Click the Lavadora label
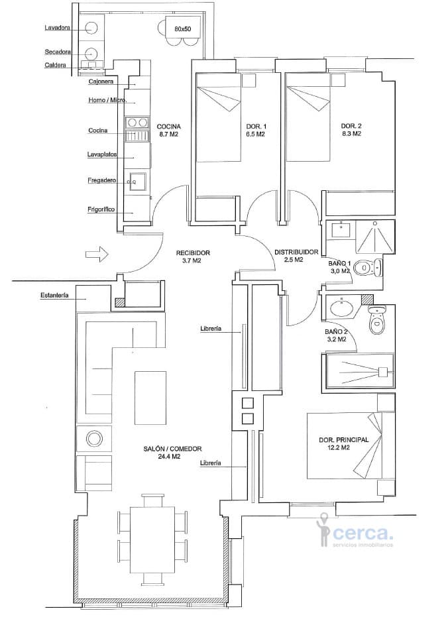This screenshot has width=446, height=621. click(x=58, y=28)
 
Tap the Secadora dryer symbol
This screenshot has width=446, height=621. click(x=91, y=52)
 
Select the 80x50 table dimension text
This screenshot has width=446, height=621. click(x=183, y=29)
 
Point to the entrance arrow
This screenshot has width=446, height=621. click(x=97, y=254)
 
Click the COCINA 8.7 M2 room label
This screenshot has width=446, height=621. click(x=169, y=131)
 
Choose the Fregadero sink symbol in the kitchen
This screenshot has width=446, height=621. click(x=137, y=182)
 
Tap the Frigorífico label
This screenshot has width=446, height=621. click(x=101, y=209)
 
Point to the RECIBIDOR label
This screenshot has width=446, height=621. click(x=194, y=253)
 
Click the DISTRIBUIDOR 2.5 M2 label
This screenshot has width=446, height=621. click(x=296, y=256)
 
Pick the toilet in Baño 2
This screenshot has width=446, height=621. click(x=376, y=319)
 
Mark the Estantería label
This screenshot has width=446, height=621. click(x=54, y=296)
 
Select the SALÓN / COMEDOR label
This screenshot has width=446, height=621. click(x=173, y=449)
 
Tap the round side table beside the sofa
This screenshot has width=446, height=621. click(x=94, y=439)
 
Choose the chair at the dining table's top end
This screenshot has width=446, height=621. click(x=153, y=500)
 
